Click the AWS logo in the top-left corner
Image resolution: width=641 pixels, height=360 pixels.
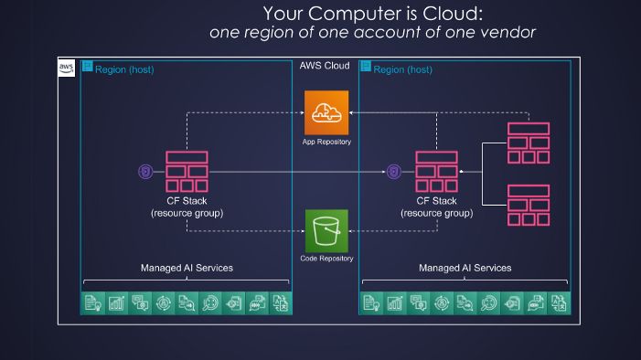click(67, 69)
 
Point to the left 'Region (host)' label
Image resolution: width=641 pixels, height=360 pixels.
click(124, 69)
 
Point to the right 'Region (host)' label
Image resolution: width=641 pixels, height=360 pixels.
click(402, 69)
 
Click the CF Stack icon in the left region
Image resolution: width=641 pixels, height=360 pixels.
click(187, 171)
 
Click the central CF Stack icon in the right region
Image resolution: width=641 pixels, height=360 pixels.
click(436, 171)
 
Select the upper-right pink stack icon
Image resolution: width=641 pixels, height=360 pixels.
click(529, 143)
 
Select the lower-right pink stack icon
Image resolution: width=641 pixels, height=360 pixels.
click(529, 205)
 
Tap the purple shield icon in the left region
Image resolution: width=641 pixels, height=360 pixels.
click(144, 171)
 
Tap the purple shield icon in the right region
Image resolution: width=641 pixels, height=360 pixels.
click(394, 171)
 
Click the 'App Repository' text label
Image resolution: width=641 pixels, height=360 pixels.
click(326, 143)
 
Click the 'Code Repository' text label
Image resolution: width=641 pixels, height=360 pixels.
click(326, 259)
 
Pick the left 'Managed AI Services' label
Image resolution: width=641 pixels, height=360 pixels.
click(187, 268)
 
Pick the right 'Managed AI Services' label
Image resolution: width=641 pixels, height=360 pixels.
click(465, 268)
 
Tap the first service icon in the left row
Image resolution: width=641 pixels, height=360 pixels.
click(92, 303)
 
